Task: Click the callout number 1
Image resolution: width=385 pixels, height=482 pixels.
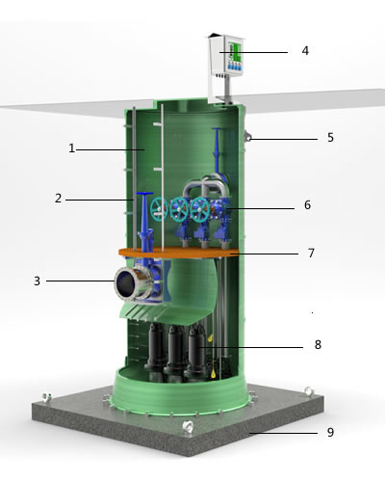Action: point(72,148)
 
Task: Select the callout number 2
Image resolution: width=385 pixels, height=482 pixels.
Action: point(58,198)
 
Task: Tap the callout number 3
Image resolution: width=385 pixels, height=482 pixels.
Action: point(38,281)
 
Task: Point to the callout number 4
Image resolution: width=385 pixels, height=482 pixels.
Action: point(305,50)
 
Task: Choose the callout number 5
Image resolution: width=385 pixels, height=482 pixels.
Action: point(331,137)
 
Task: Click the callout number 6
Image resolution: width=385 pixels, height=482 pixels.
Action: point(307,204)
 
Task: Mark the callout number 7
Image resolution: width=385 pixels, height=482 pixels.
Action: point(311,253)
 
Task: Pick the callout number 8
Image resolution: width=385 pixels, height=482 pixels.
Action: point(318,344)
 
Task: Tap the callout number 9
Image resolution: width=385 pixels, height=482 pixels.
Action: point(331,432)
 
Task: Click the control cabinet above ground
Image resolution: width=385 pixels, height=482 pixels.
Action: point(226,57)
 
